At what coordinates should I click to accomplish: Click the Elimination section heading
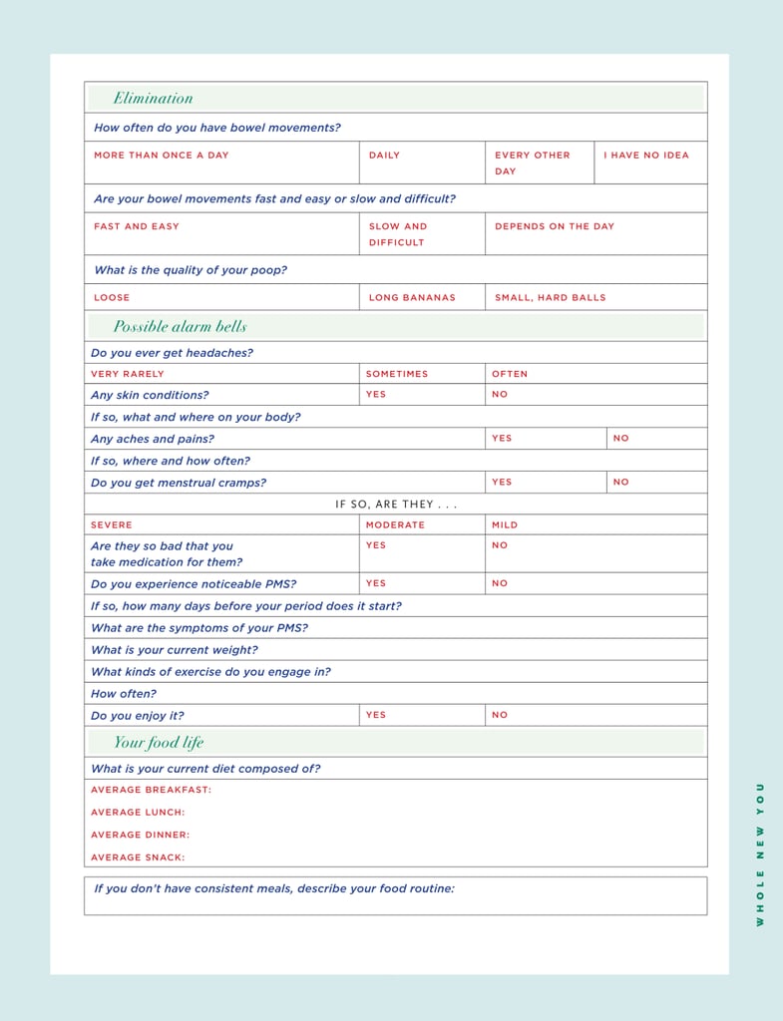[x=153, y=98]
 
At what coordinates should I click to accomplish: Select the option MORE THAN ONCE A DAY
[x=161, y=156]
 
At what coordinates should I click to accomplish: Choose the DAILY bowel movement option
[x=384, y=156]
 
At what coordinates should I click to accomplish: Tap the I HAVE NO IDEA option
[x=645, y=156]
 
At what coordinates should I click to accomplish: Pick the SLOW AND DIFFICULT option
[x=397, y=234]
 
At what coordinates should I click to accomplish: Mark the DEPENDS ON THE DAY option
[x=555, y=226]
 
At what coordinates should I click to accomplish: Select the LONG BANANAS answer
[x=412, y=297]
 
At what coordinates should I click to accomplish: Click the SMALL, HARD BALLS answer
[x=550, y=297]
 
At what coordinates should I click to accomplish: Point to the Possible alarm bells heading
[x=180, y=326]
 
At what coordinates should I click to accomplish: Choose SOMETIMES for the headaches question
[x=396, y=374]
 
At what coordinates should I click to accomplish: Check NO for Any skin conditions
[x=500, y=395]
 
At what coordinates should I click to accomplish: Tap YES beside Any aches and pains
[x=502, y=439]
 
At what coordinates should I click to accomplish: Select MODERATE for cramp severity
[x=395, y=524]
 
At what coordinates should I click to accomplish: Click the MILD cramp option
[x=505, y=524]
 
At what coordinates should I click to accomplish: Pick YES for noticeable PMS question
[x=376, y=583]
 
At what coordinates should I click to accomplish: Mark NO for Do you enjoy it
[x=500, y=715]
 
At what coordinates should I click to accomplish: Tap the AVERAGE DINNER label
[x=140, y=836]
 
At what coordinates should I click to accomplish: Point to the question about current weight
[x=174, y=650]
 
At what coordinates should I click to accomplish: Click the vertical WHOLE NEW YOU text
[x=760, y=853]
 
